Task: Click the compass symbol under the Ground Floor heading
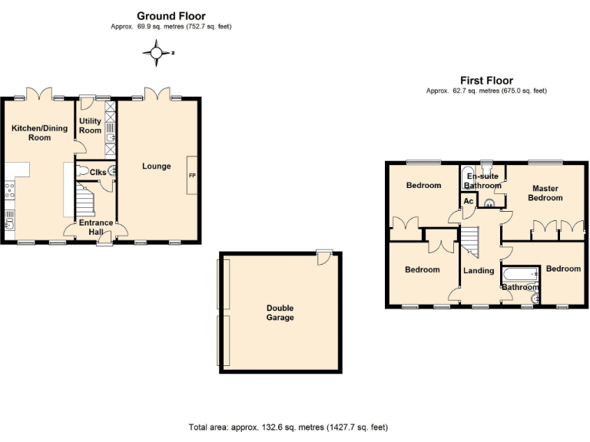coord(157,53)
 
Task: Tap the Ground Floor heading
coord(171,15)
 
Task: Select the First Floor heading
coord(486,80)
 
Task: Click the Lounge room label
coord(156,166)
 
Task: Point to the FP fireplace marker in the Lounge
coord(192,176)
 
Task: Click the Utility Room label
coord(90,126)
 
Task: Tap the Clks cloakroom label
coord(98,172)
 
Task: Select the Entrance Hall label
coord(95,227)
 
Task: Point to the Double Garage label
coord(280,312)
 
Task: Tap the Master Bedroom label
coord(545,193)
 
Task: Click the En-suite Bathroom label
coord(482,180)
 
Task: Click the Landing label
coord(479,270)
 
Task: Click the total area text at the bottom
coord(293,427)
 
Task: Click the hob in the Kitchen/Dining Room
coord(10,191)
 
